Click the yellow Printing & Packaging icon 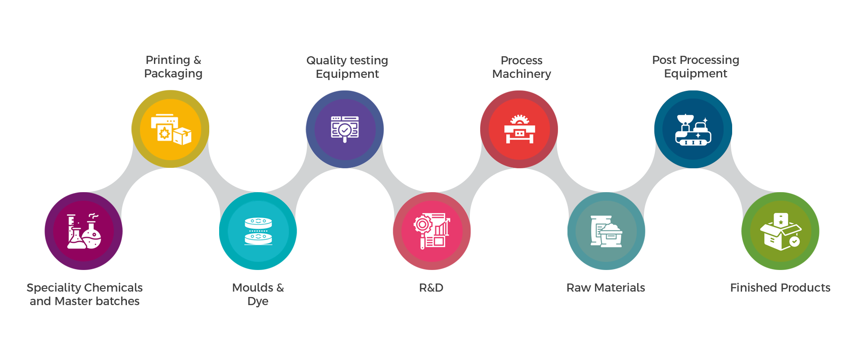point(171,129)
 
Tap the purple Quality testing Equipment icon point(345,129)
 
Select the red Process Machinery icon point(519,129)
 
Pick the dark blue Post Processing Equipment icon point(693,129)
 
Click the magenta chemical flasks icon point(84,231)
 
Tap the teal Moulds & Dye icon point(258,231)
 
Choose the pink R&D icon point(432,231)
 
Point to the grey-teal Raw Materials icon point(606,231)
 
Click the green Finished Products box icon point(780,231)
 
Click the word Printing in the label point(168,60)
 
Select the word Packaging point(173,74)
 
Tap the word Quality point(326,61)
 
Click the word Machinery point(522,74)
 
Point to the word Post point(664,60)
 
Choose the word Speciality point(54,288)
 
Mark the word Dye point(258,301)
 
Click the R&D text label point(431,288)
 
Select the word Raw point(578,288)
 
